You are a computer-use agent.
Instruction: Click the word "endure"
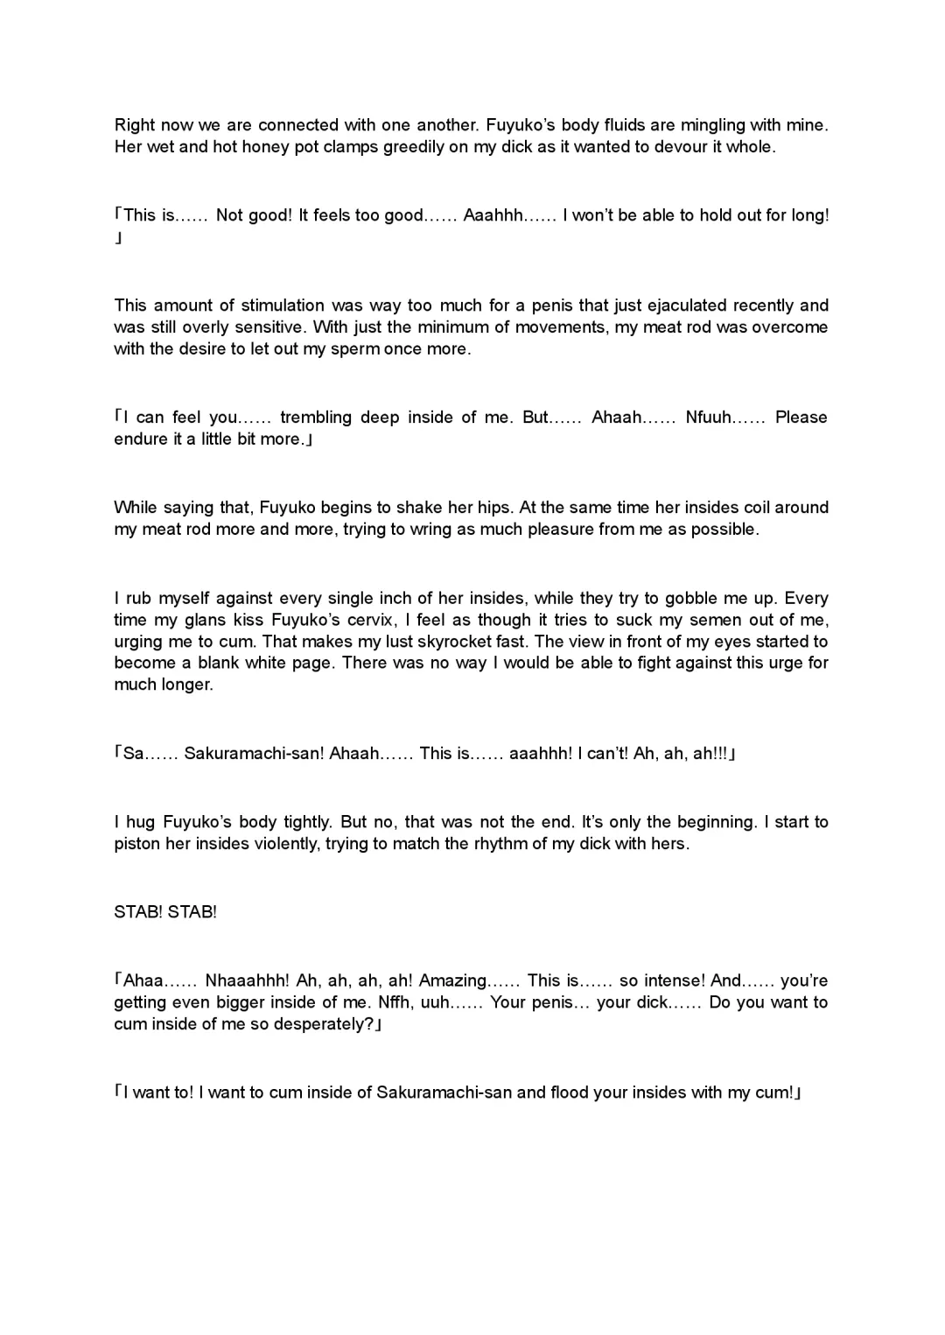tap(138, 439)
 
